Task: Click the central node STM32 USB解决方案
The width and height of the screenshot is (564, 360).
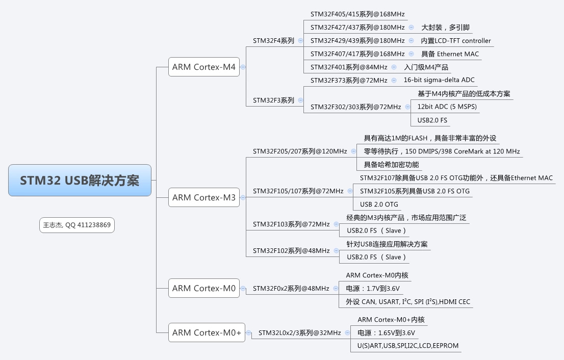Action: [x=80, y=181]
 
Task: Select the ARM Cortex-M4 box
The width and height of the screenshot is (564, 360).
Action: [x=204, y=67]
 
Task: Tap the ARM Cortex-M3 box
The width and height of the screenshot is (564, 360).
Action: [x=204, y=197]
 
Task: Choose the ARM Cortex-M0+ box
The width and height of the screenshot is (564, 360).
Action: [x=207, y=332]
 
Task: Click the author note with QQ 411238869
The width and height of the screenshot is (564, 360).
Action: [x=77, y=225]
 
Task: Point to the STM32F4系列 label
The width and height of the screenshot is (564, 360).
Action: [x=273, y=41]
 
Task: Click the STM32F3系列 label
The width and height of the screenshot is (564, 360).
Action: [x=273, y=100]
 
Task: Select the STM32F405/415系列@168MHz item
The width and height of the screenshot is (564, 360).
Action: [x=357, y=14]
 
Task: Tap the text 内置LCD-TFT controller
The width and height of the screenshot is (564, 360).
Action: [x=456, y=41]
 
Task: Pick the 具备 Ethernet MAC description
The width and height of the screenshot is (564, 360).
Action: [x=450, y=54]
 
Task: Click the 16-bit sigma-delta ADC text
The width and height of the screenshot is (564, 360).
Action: [x=439, y=80]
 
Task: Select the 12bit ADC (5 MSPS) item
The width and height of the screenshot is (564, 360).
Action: [x=447, y=107]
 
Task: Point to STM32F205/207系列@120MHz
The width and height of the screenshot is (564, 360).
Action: [x=300, y=151]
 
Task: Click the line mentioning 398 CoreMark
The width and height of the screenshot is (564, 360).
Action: [x=442, y=151]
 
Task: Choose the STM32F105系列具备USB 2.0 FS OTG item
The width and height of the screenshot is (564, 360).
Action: [x=415, y=191]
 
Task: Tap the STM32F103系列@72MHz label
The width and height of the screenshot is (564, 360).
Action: [x=291, y=224]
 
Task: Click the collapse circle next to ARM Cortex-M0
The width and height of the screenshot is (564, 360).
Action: [x=243, y=289]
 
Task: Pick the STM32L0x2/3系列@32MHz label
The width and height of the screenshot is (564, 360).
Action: [x=299, y=333]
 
